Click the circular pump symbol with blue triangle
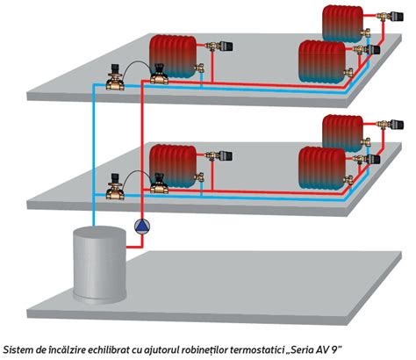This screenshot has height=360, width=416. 142,227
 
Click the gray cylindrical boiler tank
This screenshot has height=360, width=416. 100,264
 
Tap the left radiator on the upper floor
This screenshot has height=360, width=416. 173,56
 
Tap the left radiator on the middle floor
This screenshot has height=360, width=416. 173,166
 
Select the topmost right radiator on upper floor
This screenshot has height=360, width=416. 343,24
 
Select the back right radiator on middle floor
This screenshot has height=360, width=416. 343,133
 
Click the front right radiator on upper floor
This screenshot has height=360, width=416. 322,61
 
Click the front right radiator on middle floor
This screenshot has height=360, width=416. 322,169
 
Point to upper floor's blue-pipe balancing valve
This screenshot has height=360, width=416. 115,78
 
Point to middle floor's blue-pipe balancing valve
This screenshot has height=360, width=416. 115,187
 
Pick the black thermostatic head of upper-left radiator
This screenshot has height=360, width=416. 226,46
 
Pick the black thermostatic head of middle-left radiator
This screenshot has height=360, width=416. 226,155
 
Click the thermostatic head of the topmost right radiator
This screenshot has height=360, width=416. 398,16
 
